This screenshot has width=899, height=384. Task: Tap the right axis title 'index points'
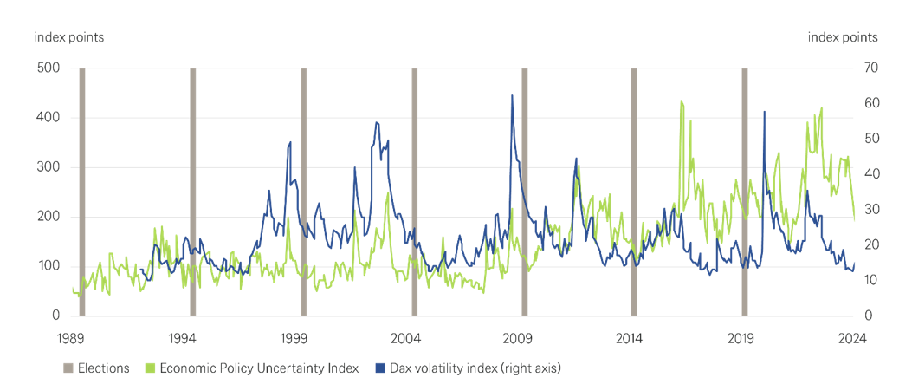(842, 37)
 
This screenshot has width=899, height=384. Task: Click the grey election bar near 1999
(303, 191)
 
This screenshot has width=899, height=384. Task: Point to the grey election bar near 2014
(634, 191)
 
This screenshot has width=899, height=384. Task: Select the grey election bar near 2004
(414, 191)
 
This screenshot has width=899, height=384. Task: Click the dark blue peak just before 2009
(512, 96)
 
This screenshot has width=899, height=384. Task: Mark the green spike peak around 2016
(682, 101)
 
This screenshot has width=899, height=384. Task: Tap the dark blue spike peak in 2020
(764, 112)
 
